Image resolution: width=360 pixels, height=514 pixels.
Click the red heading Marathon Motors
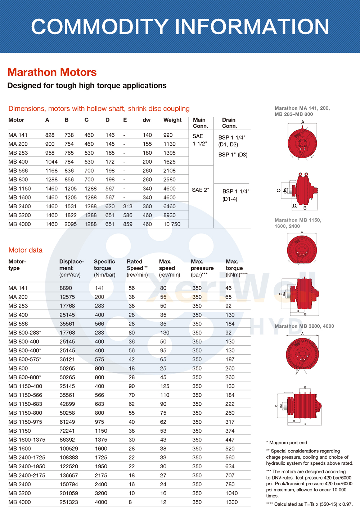(52, 72)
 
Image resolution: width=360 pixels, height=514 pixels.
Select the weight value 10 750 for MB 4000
(172, 224)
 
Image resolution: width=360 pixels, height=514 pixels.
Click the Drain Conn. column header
(229, 123)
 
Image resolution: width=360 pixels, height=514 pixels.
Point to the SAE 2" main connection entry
(200, 190)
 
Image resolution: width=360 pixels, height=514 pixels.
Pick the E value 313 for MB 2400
(128, 206)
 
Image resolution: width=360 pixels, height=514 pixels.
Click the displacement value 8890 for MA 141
(66, 288)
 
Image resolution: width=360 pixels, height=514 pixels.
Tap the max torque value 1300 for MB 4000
(231, 502)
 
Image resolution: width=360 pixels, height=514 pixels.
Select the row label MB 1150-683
(25, 404)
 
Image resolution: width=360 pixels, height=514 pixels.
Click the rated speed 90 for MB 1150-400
(132, 386)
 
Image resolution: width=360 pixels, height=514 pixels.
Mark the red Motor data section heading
(26, 250)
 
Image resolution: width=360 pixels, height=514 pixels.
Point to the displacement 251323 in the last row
(69, 502)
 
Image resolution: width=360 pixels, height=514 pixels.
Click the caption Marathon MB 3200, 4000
(304, 326)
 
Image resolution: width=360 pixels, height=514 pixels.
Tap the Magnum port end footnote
(287, 443)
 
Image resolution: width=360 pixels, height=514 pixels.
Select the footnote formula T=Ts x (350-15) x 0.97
(313, 504)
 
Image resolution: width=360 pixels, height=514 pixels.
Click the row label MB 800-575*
(25, 359)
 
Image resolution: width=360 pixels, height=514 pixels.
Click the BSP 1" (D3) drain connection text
(233, 155)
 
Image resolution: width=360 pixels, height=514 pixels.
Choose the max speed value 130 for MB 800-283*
(165, 333)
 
